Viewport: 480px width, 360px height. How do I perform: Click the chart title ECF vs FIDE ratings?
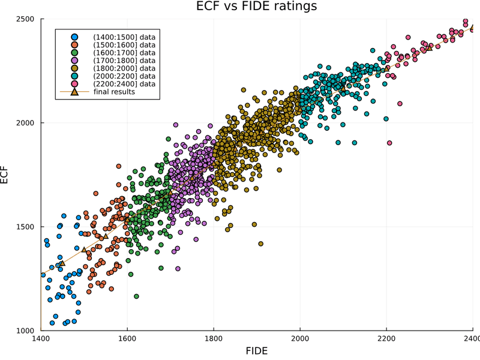click(x=257, y=6)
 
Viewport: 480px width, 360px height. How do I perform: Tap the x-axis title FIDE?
click(x=257, y=351)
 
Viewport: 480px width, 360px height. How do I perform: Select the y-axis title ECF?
click(x=4, y=175)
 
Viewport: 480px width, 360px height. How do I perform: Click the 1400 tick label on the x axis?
click(x=41, y=338)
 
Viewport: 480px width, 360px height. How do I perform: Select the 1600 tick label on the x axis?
click(x=127, y=338)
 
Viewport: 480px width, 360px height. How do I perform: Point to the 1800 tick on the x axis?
click(x=214, y=338)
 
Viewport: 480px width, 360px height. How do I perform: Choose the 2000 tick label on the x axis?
click(x=300, y=338)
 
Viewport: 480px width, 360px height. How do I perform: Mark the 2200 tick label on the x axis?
click(x=386, y=338)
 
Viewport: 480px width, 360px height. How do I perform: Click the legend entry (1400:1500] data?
click(x=124, y=37)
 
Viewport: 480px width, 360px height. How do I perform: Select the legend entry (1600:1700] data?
click(x=124, y=53)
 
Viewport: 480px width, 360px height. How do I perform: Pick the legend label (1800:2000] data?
click(x=124, y=68)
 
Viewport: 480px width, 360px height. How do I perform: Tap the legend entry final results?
click(x=114, y=92)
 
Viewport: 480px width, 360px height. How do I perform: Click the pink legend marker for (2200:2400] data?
click(x=74, y=84)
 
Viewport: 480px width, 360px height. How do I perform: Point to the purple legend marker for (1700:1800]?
click(x=74, y=61)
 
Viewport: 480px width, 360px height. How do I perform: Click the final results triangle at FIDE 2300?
click(x=430, y=48)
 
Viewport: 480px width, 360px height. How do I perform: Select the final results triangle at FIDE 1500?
click(x=84, y=250)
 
